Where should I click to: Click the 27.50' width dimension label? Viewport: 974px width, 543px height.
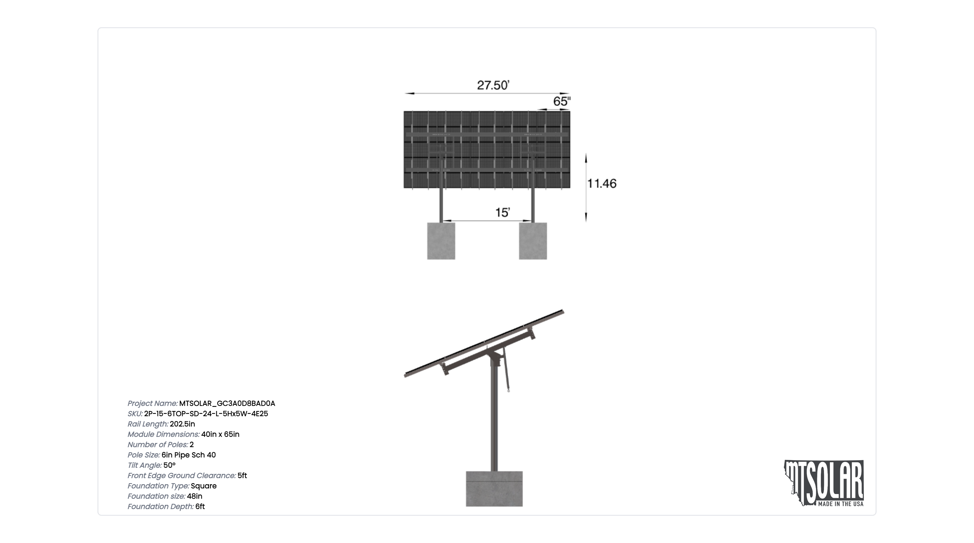pyautogui.click(x=493, y=85)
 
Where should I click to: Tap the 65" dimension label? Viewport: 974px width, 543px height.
pyautogui.click(x=562, y=101)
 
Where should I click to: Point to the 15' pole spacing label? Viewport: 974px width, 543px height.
pyautogui.click(x=502, y=212)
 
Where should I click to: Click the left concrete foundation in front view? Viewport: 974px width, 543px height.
pyautogui.click(x=441, y=241)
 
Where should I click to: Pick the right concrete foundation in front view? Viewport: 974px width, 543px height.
pyautogui.click(x=533, y=241)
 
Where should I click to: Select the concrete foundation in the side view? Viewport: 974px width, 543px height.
pyautogui.click(x=494, y=489)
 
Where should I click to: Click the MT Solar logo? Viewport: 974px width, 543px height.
pyautogui.click(x=824, y=483)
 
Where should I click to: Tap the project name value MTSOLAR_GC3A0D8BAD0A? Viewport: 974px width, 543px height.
pyautogui.click(x=227, y=404)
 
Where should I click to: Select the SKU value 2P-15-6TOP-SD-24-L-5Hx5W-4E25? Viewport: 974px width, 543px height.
pyautogui.click(x=206, y=414)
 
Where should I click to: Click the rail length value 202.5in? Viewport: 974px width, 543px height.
pyautogui.click(x=182, y=424)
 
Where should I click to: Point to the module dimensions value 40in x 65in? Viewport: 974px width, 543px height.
pyautogui.click(x=220, y=434)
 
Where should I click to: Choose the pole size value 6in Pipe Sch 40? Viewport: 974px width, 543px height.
pyautogui.click(x=189, y=455)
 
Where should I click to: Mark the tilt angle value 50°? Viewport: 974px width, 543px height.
pyautogui.click(x=169, y=465)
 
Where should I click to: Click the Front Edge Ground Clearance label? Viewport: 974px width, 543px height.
pyautogui.click(x=181, y=476)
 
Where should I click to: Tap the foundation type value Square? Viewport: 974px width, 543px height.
pyautogui.click(x=204, y=486)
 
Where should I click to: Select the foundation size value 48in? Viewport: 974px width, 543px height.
pyautogui.click(x=195, y=496)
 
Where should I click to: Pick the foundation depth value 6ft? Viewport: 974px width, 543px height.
pyautogui.click(x=200, y=506)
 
